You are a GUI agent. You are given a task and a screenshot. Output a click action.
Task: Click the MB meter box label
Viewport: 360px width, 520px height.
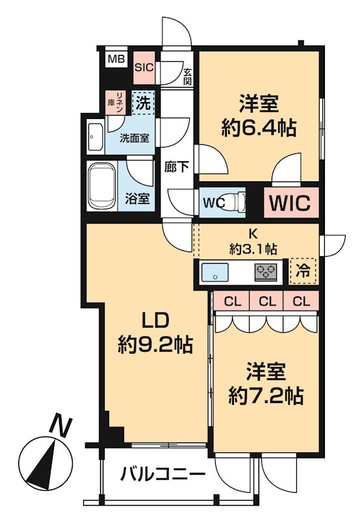pyautogui.click(x=116, y=59)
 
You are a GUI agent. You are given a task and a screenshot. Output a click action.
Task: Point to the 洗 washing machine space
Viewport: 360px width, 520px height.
pyautogui.click(x=143, y=102)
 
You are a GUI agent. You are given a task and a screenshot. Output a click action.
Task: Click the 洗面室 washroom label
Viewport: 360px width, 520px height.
pyautogui.click(x=134, y=138)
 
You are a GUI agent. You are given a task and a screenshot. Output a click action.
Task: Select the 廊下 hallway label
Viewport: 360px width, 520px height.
pyautogui.click(x=176, y=167)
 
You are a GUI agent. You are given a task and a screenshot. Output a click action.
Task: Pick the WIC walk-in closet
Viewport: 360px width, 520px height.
pyautogui.click(x=292, y=201)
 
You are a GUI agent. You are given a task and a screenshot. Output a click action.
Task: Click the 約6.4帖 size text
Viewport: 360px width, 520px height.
pyautogui.click(x=259, y=127)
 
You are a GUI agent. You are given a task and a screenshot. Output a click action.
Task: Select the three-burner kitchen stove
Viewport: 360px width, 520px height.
pyautogui.click(x=265, y=272)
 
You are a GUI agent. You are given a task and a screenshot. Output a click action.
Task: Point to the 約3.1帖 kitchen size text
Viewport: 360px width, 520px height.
pyautogui.click(x=253, y=248)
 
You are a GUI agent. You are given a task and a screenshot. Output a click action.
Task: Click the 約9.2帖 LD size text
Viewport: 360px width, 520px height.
pyautogui.click(x=156, y=343)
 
